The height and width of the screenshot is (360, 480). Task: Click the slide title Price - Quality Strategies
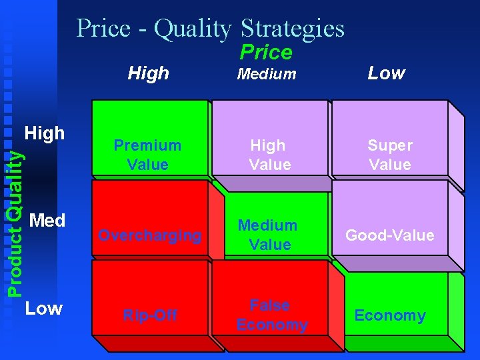click(210, 28)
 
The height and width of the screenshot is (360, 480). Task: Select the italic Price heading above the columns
click(266, 52)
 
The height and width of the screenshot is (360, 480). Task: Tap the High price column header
click(148, 73)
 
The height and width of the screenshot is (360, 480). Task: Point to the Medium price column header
click(267, 74)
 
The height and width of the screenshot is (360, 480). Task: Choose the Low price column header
click(387, 73)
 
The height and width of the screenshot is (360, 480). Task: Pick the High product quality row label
click(44, 133)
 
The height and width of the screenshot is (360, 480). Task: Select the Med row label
click(47, 220)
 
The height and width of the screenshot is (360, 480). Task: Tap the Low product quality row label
click(43, 308)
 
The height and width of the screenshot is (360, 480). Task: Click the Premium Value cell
click(147, 155)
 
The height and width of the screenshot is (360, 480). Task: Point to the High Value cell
click(269, 155)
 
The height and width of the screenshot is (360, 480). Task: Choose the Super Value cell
click(390, 155)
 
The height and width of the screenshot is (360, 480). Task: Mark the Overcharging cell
click(149, 235)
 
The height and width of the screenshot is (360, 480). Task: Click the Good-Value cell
click(390, 235)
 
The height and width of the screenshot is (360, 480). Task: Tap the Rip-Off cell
click(149, 315)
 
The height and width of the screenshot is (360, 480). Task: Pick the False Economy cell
click(272, 315)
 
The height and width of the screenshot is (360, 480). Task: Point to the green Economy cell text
click(390, 315)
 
